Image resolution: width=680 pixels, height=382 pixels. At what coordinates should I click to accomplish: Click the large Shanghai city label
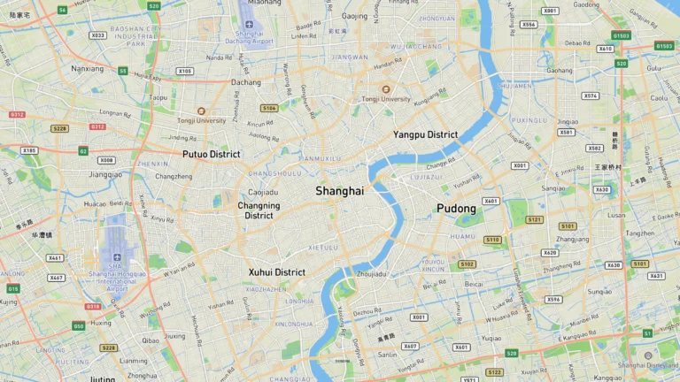(x=339, y=191)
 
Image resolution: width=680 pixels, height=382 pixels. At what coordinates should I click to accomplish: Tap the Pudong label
(x=456, y=209)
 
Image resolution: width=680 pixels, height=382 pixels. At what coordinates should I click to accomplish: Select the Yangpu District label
(x=425, y=134)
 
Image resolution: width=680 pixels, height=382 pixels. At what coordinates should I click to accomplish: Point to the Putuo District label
(x=211, y=154)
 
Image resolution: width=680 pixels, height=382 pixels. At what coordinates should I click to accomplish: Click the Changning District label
(x=259, y=210)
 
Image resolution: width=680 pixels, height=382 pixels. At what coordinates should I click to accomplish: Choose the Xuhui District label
(x=276, y=272)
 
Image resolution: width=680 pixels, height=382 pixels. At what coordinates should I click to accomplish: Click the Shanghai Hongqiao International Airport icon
(x=117, y=257)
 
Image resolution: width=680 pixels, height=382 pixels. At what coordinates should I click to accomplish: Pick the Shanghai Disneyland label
(x=649, y=365)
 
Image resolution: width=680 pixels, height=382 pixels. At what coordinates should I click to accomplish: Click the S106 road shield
(x=269, y=108)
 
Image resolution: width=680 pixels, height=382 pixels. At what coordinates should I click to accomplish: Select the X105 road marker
(x=184, y=71)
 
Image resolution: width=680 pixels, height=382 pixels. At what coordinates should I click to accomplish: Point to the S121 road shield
(x=534, y=219)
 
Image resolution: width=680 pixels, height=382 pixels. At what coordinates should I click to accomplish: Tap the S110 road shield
(x=492, y=240)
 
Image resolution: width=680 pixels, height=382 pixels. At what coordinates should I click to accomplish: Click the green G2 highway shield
(x=83, y=151)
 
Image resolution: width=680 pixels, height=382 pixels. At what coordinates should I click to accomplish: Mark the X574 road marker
(x=590, y=95)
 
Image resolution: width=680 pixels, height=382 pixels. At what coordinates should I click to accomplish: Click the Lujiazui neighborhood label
(x=426, y=177)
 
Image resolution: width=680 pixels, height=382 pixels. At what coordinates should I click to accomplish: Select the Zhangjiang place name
(x=572, y=239)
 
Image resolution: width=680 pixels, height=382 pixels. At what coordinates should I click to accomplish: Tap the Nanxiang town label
(x=87, y=68)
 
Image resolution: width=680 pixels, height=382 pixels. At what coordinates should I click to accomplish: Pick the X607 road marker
(x=410, y=347)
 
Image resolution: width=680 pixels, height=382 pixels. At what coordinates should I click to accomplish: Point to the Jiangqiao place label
(x=105, y=174)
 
